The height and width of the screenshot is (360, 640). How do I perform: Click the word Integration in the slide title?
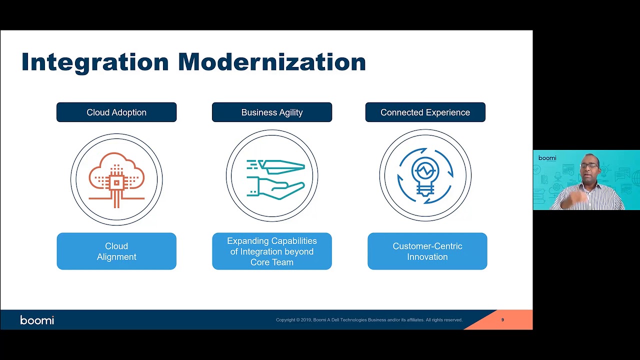(95, 62)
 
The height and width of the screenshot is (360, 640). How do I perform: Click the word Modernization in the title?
(272, 61)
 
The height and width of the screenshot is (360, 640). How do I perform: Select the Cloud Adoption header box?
(116, 112)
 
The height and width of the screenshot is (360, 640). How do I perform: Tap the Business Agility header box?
(272, 112)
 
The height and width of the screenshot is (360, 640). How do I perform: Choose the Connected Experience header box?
(425, 112)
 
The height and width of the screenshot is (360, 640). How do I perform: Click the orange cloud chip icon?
(116, 180)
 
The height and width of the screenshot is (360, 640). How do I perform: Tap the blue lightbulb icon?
(425, 175)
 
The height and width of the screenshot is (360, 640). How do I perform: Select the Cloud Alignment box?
(116, 251)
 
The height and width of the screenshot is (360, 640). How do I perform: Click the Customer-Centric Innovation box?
(427, 251)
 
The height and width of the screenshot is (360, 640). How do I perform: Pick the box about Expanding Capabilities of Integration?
(272, 251)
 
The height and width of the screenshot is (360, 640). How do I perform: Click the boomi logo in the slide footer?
(37, 320)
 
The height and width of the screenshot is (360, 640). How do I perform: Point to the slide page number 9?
(502, 319)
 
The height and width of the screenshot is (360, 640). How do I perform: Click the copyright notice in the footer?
(369, 320)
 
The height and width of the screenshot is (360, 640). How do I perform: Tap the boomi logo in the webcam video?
(547, 158)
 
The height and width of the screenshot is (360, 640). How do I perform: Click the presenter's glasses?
(589, 165)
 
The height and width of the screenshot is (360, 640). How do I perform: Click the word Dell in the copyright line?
(335, 320)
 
